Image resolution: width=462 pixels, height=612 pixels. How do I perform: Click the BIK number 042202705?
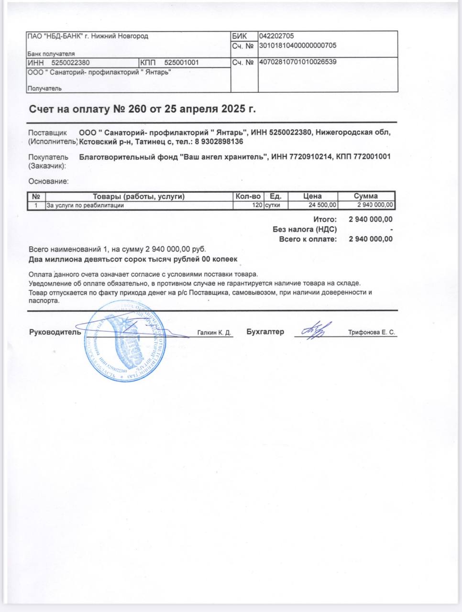[276, 36]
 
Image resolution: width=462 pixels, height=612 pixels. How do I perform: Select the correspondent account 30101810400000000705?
[297, 45]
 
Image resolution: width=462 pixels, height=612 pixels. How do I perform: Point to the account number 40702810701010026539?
[297, 62]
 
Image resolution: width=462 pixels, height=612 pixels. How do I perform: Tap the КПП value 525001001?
[181, 63]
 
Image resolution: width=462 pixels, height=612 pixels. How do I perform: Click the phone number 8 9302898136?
[219, 142]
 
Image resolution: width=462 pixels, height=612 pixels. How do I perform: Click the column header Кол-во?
[248, 196]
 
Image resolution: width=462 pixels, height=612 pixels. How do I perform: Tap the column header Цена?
[312, 196]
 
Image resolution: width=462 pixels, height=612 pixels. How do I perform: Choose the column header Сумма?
[366, 196]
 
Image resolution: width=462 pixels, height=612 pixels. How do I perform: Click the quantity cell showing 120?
[257, 205]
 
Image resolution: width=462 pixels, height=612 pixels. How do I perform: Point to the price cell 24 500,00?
[323, 205]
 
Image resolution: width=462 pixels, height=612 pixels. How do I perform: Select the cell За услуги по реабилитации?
[85, 205]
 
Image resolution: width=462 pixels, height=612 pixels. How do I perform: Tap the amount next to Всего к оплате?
[371, 239]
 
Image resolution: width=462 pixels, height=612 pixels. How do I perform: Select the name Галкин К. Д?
[214, 333]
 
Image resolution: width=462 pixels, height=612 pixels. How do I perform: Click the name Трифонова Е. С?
[372, 333]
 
